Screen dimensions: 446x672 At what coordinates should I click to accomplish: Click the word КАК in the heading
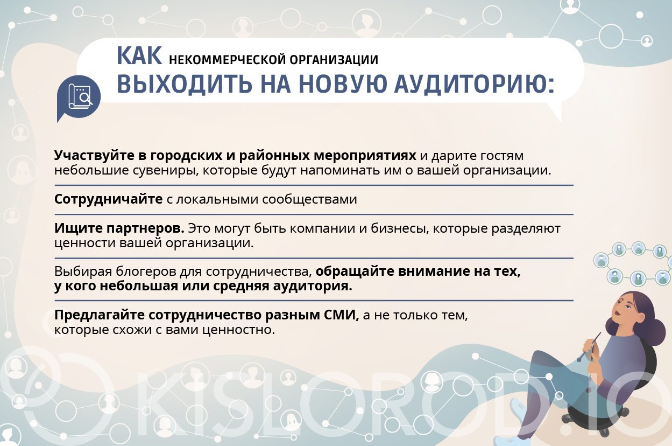pos(139,56)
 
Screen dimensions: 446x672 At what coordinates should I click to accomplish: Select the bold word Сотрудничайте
pos(108,199)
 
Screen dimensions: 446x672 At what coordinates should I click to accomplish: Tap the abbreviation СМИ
pos(342,315)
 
